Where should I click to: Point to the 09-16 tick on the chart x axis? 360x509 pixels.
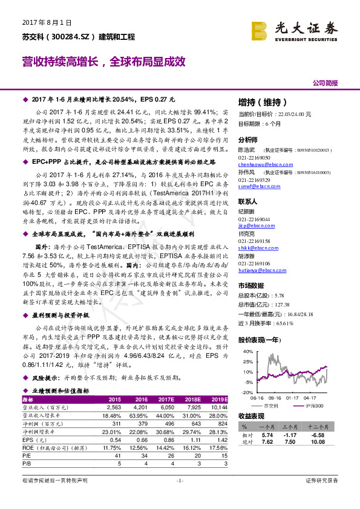pos(275,397)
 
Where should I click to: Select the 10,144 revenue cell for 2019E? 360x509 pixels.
pos(219,408)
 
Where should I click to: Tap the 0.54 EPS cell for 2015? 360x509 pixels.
pos(114,439)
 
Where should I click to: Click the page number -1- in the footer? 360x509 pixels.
pos(179,480)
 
